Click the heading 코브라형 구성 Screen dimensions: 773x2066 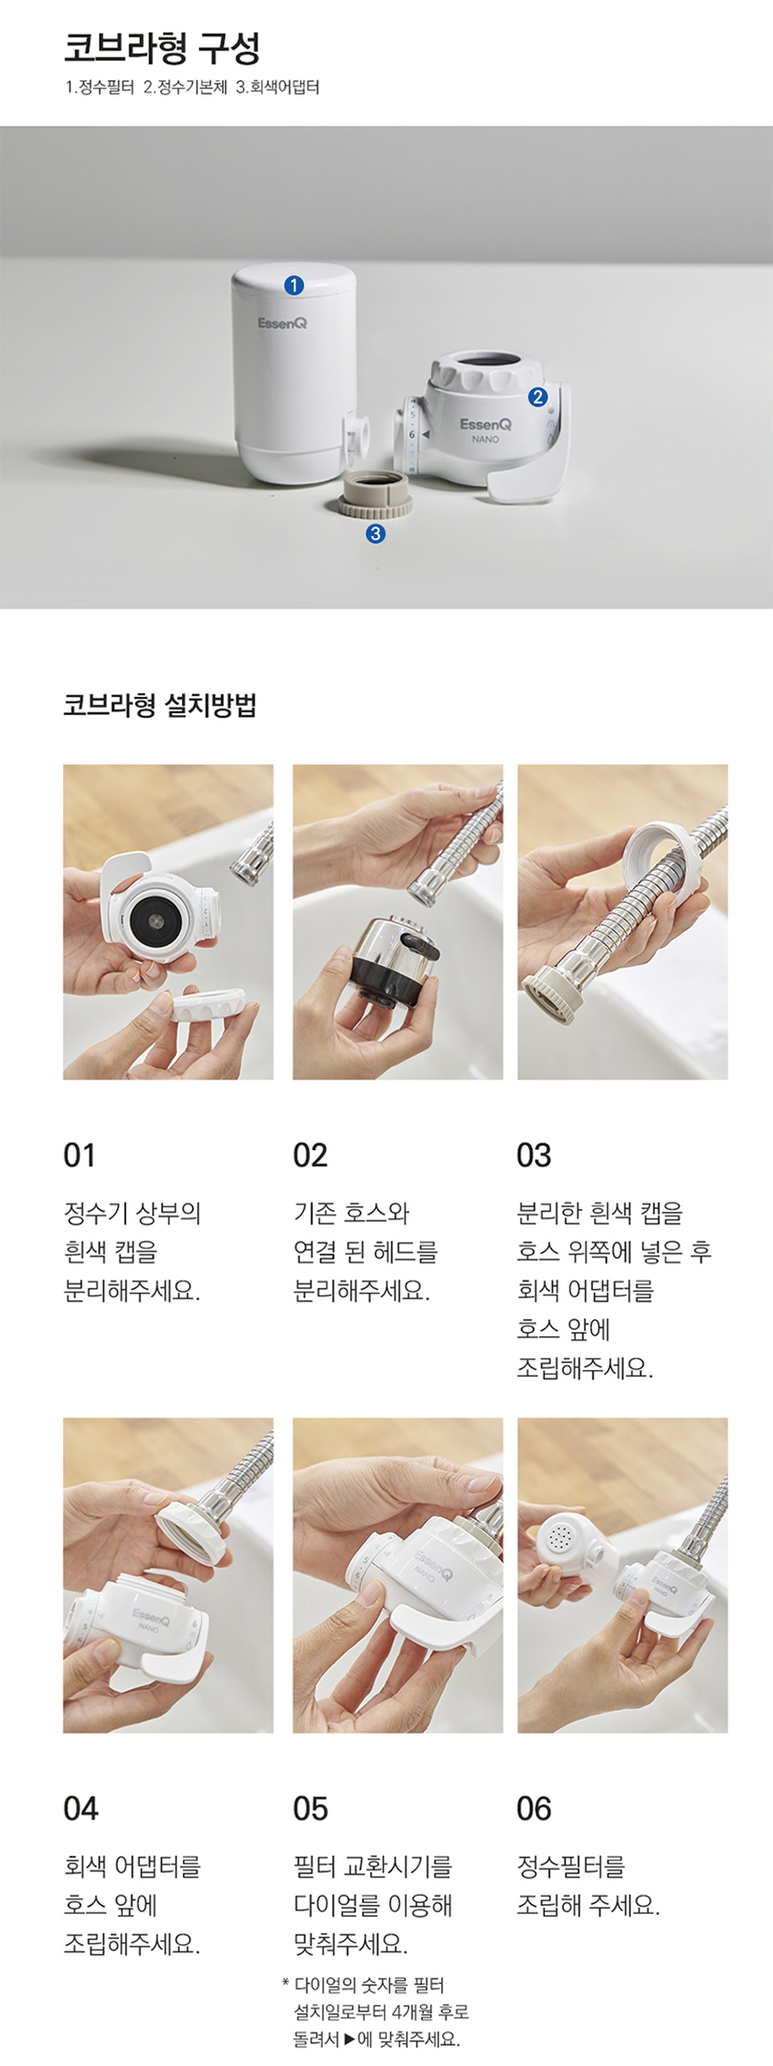pyautogui.click(x=162, y=48)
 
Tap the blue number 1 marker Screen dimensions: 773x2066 pyautogui.click(x=293, y=286)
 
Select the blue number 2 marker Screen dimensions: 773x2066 pyautogui.click(x=537, y=397)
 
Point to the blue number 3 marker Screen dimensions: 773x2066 pyautogui.click(x=375, y=534)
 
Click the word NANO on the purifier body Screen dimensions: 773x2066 pyautogui.click(x=486, y=438)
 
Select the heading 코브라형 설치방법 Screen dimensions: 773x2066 pyautogui.click(x=160, y=705)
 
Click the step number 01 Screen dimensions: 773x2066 pyautogui.click(x=79, y=1155)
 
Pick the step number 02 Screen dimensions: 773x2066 pyautogui.click(x=310, y=1155)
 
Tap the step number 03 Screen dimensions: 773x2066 pyautogui.click(x=534, y=1155)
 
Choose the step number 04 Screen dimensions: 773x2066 pyautogui.click(x=81, y=1809)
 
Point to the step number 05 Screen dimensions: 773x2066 pyautogui.click(x=310, y=1809)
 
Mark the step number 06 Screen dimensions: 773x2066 pyautogui.click(x=534, y=1809)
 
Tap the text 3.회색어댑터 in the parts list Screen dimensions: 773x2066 pyautogui.click(x=277, y=88)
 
